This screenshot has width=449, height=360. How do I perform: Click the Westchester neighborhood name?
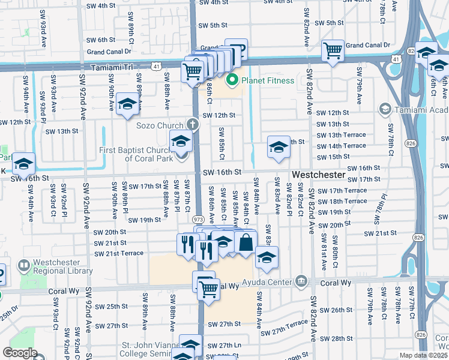(318, 175)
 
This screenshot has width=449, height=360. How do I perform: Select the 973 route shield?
(197, 219)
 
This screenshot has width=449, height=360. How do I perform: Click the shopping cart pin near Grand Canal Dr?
(332, 51)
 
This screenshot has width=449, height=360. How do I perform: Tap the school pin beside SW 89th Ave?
(127, 104)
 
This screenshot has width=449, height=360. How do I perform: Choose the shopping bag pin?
(246, 243)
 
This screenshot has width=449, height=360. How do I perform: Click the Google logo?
(19, 353)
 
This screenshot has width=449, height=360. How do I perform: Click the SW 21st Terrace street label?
(119, 254)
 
